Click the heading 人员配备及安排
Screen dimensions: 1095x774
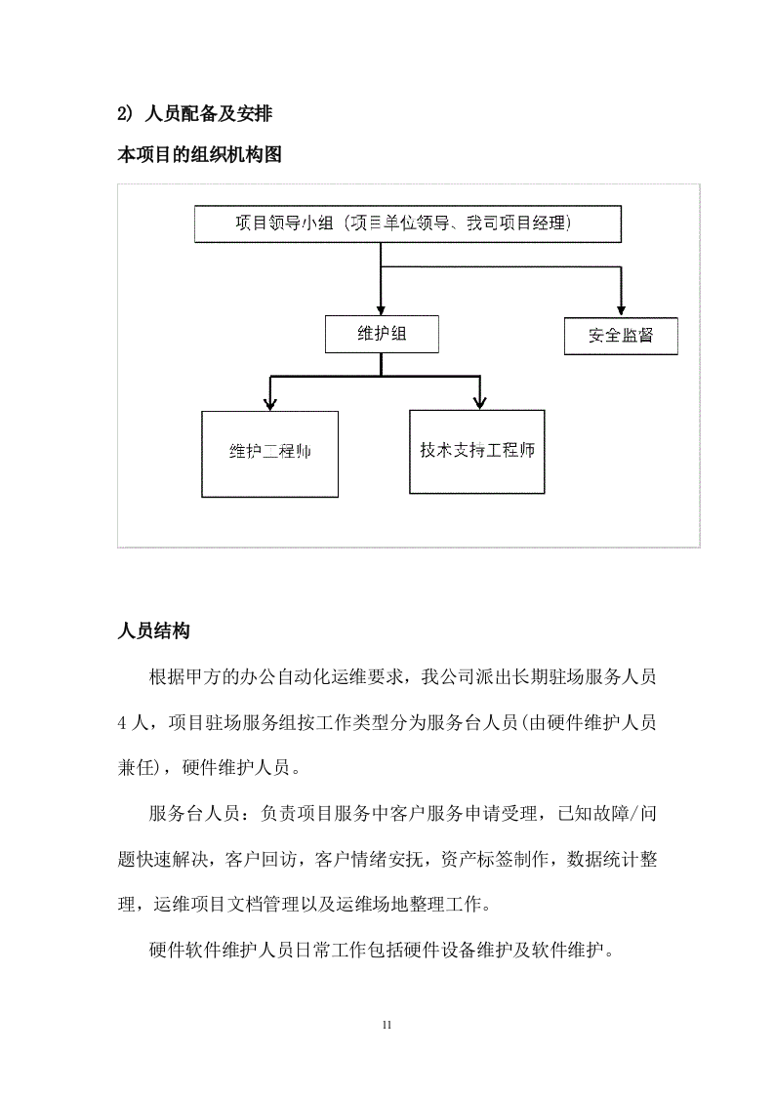[208, 114]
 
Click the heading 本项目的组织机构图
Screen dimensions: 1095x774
[199, 154]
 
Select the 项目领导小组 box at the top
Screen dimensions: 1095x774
[408, 223]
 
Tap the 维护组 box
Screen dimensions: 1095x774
[382, 334]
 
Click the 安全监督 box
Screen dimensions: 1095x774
[621, 337]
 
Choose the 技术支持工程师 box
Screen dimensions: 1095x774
[477, 451]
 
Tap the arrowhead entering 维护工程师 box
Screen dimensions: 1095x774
[270, 402]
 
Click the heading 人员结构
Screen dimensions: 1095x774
[153, 630]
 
